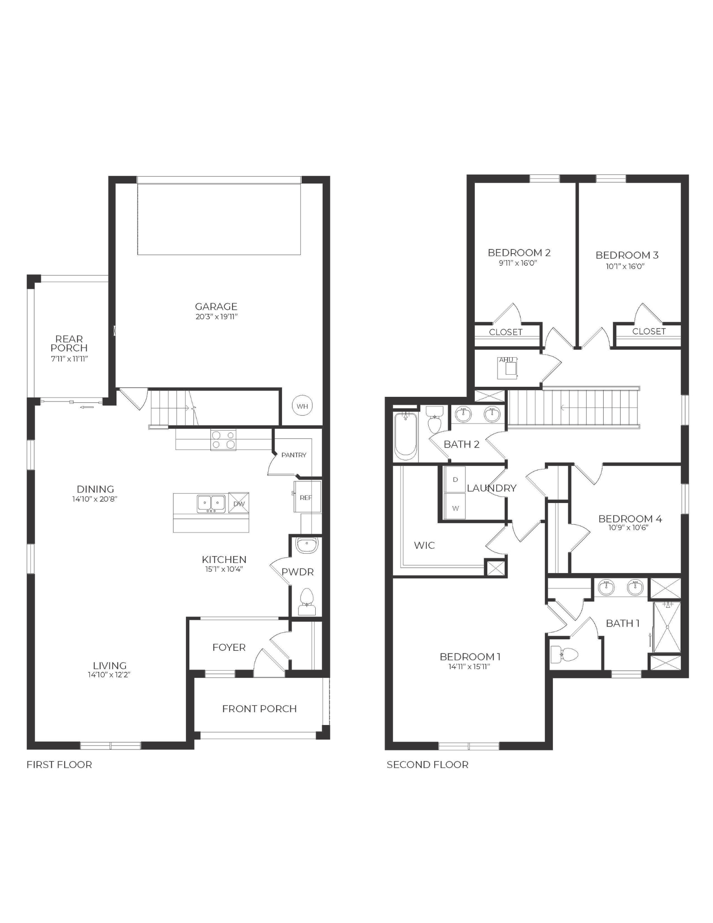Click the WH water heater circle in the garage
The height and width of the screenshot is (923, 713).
pyautogui.click(x=302, y=406)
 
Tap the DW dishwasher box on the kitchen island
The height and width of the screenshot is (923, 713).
pyautogui.click(x=239, y=503)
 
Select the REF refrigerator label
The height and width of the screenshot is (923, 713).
pyautogui.click(x=306, y=497)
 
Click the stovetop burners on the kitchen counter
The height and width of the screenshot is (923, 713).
pyautogui.click(x=223, y=440)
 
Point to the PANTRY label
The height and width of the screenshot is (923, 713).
pyautogui.click(x=294, y=455)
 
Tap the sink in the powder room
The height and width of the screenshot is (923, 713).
pyautogui.click(x=306, y=545)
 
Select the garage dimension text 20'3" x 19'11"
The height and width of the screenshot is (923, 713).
pyautogui.click(x=216, y=317)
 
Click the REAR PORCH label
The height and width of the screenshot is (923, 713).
pyautogui.click(x=69, y=343)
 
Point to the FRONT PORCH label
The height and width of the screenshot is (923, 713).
pyautogui.click(x=259, y=708)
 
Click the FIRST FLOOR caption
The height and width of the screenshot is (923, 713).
pyautogui.click(x=59, y=765)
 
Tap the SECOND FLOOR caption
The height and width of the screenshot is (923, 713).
pyautogui.click(x=427, y=765)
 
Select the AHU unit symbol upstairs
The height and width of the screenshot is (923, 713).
pyautogui.click(x=508, y=368)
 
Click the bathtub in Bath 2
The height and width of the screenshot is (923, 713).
pyautogui.click(x=406, y=436)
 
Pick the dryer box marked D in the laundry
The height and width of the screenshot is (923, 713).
pyautogui.click(x=455, y=479)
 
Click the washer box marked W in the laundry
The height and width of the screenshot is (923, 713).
pyautogui.click(x=455, y=508)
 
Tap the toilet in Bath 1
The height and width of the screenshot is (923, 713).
pyautogui.click(x=566, y=654)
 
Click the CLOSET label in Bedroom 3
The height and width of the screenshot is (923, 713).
pyautogui.click(x=649, y=331)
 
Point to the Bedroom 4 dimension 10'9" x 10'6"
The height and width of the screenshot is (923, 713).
pyautogui.click(x=628, y=527)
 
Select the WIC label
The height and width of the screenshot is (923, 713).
pyautogui.click(x=424, y=545)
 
